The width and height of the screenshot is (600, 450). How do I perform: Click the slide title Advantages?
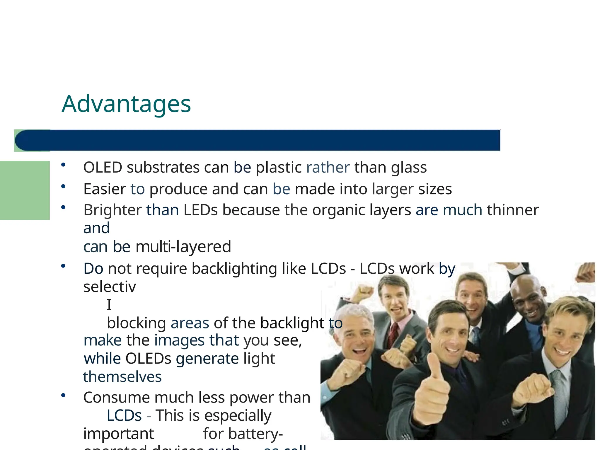coord(126,104)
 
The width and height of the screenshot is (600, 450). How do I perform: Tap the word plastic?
coord(279,168)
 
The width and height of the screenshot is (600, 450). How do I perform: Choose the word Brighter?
coord(112,210)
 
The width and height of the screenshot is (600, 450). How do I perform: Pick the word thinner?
coord(513,210)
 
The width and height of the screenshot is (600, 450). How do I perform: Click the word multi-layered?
coord(183,246)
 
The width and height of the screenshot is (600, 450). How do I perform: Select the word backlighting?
coord(234,268)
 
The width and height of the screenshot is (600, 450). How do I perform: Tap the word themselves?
coord(122,377)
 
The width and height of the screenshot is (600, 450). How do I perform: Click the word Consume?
coord(116,398)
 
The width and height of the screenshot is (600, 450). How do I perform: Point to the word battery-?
coord(243,434)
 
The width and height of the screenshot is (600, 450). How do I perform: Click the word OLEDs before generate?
coord(148,359)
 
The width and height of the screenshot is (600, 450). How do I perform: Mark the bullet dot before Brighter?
coord(63,207)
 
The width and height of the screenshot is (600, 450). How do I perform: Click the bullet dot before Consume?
coord(63,396)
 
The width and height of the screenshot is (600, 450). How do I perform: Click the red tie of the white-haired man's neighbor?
coord(393,334)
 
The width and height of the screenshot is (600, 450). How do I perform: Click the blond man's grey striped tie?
coord(560,390)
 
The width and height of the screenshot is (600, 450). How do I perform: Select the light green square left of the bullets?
coord(25,190)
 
